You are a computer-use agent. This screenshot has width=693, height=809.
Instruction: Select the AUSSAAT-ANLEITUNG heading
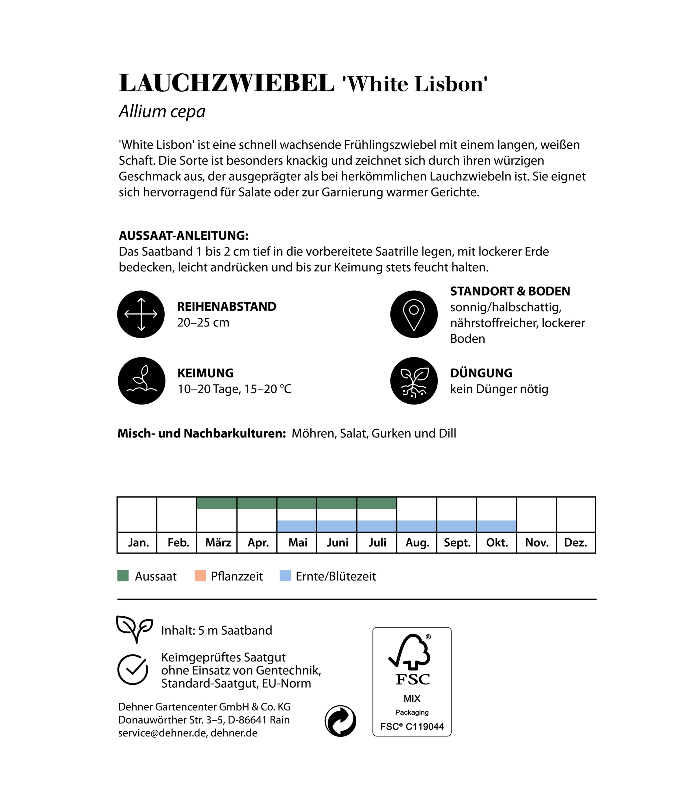point(183,235)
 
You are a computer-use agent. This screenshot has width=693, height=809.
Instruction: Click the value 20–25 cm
point(203,323)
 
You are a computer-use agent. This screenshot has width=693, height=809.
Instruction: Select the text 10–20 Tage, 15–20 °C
point(234,389)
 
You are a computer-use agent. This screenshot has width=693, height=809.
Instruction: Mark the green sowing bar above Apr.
point(257,503)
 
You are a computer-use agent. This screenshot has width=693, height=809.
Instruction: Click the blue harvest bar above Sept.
point(456,526)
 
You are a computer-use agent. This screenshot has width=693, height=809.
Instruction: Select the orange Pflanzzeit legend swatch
point(200,576)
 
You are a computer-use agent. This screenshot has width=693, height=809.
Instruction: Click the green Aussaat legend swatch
point(123,576)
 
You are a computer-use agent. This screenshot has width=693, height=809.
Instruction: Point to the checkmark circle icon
point(133,670)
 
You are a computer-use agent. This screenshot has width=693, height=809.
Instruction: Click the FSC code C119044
point(424,727)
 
